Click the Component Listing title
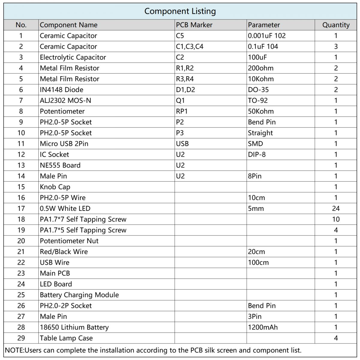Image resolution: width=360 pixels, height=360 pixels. coord(180,11)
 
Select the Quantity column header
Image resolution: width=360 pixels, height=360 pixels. coord(336,25)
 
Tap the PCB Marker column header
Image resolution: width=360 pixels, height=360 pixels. coord(194,25)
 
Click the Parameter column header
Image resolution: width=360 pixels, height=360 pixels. coord(264,25)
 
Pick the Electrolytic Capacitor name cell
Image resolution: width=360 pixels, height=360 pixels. coord(73,57)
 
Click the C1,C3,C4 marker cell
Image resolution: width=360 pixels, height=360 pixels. coord(190,46)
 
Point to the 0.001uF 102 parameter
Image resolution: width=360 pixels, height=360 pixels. coord(267,36)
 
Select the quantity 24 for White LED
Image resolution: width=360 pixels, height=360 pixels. coord(336,208)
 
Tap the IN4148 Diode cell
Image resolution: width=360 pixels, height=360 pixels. coord(61,90)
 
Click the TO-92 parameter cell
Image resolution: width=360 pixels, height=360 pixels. coord(258,100)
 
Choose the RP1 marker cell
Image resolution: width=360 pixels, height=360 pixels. coord(182,111)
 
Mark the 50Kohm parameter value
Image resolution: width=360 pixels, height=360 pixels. coord(261,111)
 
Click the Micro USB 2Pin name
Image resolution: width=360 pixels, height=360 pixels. coord(64,144)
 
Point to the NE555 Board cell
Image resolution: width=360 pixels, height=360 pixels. coord(60,165)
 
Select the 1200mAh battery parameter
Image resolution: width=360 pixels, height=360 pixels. coord(263,327)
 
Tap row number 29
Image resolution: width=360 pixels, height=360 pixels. coord(21,338)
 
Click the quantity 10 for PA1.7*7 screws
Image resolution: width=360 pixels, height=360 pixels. coord(336,219)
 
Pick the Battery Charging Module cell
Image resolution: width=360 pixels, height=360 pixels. coord(79,295)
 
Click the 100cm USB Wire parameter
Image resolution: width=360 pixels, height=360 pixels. coord(258,262)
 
